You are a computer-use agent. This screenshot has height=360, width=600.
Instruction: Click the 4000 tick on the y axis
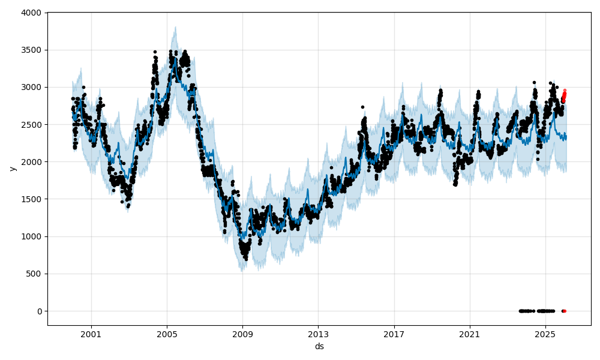[32, 13]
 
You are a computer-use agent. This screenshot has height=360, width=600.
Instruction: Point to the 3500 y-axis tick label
[32, 50]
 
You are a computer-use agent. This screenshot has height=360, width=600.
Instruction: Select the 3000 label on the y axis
[32, 87]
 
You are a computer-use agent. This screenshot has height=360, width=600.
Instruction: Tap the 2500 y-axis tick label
[32, 125]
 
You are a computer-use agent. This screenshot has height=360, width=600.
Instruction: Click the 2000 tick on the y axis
[32, 162]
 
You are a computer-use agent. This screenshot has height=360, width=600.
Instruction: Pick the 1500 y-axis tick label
[32, 199]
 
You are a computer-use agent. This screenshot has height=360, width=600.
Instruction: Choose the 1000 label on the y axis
[32, 236]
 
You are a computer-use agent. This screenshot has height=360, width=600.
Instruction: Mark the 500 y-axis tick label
[34, 274]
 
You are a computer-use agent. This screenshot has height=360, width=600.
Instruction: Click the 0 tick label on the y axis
[40, 311]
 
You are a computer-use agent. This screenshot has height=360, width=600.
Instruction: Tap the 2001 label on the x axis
[91, 334]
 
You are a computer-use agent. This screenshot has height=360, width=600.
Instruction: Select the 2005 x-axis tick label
[167, 334]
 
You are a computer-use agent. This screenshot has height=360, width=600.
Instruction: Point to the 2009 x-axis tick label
[242, 334]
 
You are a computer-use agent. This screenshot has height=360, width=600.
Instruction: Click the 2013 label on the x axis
[318, 334]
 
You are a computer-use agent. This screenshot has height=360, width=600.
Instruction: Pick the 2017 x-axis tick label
[394, 334]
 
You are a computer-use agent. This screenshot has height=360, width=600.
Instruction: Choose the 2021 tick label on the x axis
[469, 334]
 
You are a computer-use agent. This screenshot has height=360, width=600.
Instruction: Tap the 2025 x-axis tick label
[545, 334]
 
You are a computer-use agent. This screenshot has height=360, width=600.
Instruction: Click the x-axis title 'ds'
[319, 346]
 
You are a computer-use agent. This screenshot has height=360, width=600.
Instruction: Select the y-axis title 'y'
[11, 169]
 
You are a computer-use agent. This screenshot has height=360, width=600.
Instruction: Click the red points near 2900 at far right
[564, 95]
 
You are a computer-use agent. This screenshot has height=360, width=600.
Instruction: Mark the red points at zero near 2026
[564, 311]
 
